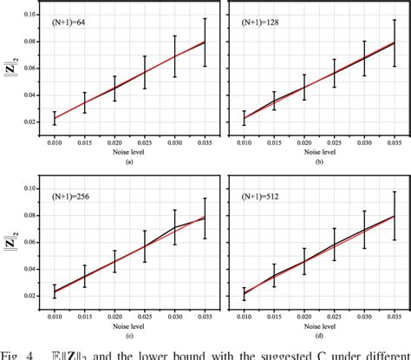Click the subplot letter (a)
point(129,160)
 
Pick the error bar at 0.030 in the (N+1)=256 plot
point(175,227)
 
